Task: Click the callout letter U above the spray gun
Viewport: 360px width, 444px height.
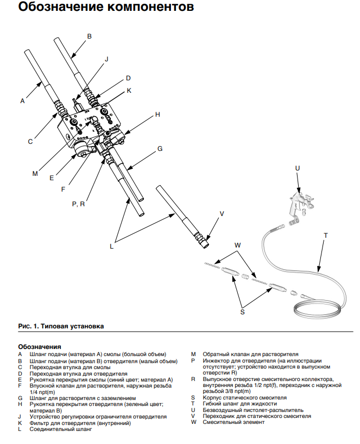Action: click(297, 168)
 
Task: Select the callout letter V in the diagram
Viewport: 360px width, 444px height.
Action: click(222, 214)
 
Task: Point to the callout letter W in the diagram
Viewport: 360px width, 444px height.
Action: click(237, 245)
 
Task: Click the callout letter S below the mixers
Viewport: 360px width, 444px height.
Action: click(242, 312)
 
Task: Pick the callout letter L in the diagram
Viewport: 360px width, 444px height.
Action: click(111, 246)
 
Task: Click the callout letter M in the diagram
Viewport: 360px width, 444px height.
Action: click(35, 174)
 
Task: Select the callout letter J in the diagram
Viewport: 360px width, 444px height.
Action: click(106, 59)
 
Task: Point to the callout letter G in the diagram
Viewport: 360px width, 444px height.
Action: click(160, 148)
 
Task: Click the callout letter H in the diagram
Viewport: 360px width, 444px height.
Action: click(157, 115)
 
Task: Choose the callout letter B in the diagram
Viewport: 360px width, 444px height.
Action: click(90, 36)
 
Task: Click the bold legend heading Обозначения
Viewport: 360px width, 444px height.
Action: click(40, 346)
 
